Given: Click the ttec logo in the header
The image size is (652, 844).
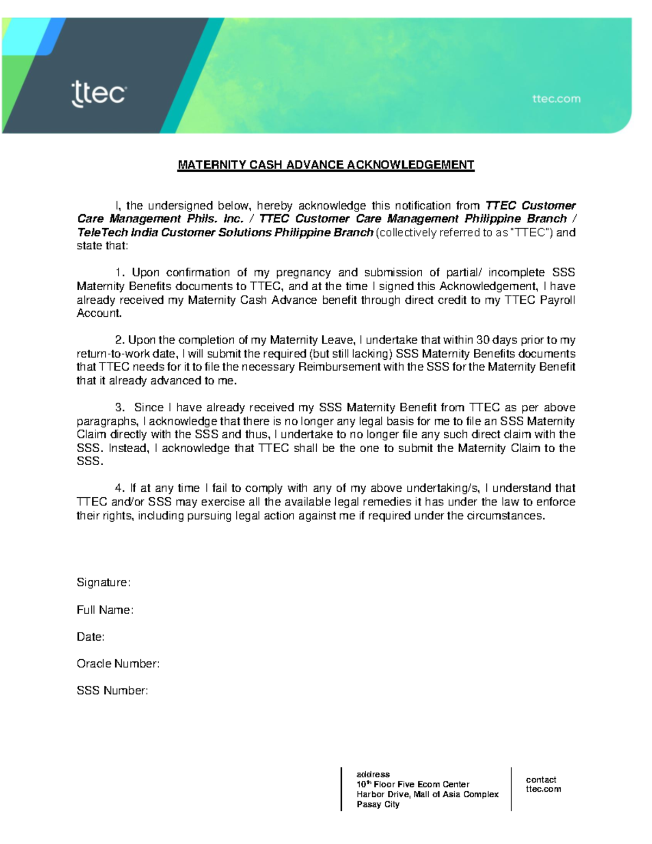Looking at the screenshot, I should click(98, 94).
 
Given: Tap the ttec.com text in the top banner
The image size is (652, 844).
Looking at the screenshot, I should click(556, 99).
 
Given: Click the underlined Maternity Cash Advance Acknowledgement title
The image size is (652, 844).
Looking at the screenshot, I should click(326, 165).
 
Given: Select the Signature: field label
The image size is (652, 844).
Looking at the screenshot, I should click(103, 583).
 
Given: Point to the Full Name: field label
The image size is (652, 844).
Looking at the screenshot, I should click(105, 610).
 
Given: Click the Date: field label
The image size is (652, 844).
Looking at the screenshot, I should click(90, 637).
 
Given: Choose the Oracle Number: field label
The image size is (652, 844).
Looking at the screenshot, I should click(118, 664).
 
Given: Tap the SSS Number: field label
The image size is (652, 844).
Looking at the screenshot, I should click(112, 691).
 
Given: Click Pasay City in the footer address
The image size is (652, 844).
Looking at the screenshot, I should click(378, 804).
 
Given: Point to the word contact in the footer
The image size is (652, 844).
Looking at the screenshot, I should click(541, 779).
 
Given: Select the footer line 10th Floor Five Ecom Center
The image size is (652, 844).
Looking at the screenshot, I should click(412, 784).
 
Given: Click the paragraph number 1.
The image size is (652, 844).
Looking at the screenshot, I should click(120, 273).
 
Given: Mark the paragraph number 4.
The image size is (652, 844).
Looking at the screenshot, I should click(120, 488).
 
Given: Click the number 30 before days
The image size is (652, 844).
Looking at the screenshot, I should click(482, 340).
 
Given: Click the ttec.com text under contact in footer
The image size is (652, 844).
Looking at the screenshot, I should click(543, 789).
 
